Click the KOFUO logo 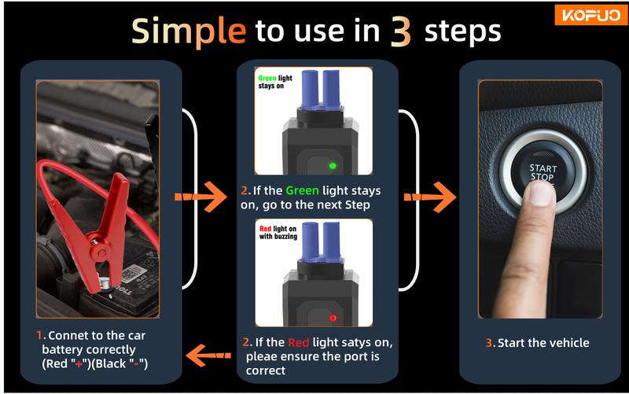[591, 15]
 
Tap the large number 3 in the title [400, 32]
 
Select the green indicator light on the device [332, 165]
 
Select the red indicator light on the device [333, 318]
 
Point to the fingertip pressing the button [542, 193]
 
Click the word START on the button [543, 168]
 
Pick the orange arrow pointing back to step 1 [208, 355]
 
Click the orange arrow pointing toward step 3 [430, 197]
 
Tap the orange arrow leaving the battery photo [200, 197]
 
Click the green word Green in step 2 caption [302, 190]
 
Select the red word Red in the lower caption [299, 342]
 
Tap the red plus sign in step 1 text [79, 364]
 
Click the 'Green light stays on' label [275, 82]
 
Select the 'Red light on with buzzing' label [278, 232]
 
